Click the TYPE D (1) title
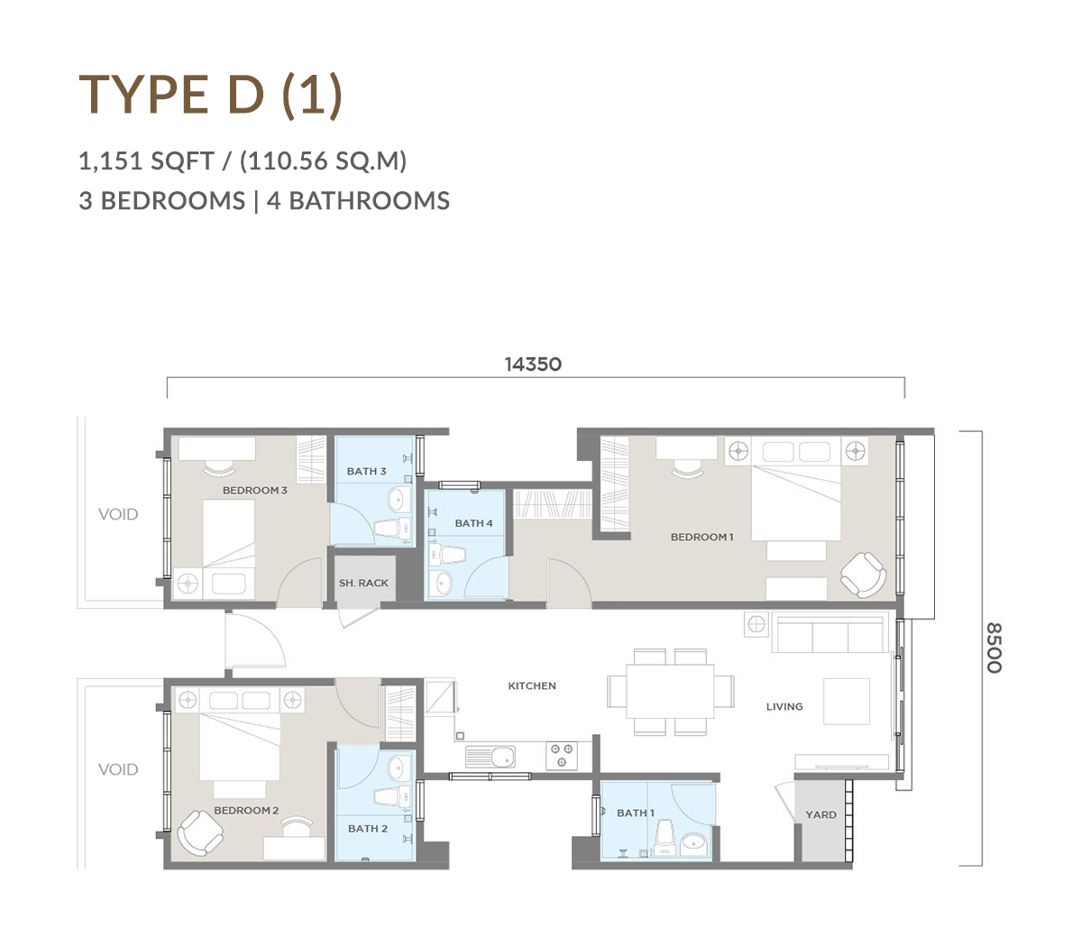coord(210,96)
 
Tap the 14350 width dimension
coord(533,364)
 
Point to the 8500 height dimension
coord(995,648)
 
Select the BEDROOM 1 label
coord(701,537)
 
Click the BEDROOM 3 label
coord(254,491)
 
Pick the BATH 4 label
coord(473,523)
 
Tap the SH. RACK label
coord(363,583)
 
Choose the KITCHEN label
coord(531,686)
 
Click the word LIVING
coord(784,706)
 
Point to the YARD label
coord(821,814)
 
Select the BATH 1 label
coord(635,813)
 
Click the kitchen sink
coord(491,757)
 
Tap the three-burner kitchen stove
coord(562,756)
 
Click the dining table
coord(670,692)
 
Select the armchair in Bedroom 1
coord(863,575)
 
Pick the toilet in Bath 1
coord(665,838)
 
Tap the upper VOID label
coord(118,514)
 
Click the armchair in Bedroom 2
coord(200,832)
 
